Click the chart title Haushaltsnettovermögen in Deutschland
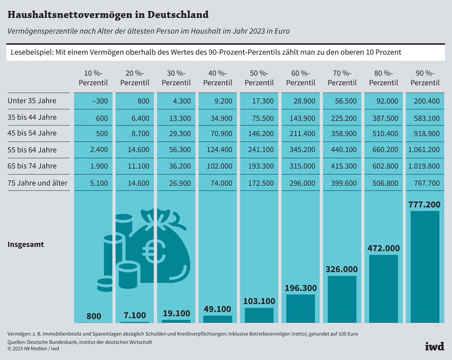108,14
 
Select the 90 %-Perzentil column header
424,78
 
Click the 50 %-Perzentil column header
259,78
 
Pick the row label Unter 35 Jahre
32,101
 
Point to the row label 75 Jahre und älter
38,182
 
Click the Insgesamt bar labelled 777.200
424,267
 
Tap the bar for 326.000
342,299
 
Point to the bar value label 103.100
259,301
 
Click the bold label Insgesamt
26,244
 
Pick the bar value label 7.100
135,315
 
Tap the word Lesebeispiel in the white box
30,52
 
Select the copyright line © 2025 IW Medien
33,349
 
